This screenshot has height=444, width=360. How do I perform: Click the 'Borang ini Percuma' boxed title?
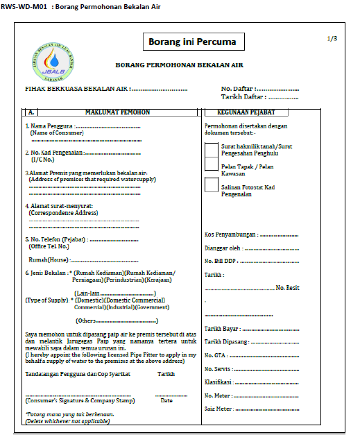192,42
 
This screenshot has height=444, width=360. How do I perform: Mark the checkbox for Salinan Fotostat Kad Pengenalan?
212,185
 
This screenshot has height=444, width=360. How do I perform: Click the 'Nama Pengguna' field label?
50,126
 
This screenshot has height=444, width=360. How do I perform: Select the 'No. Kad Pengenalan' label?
56,152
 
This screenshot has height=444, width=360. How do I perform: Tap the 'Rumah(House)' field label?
48,259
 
